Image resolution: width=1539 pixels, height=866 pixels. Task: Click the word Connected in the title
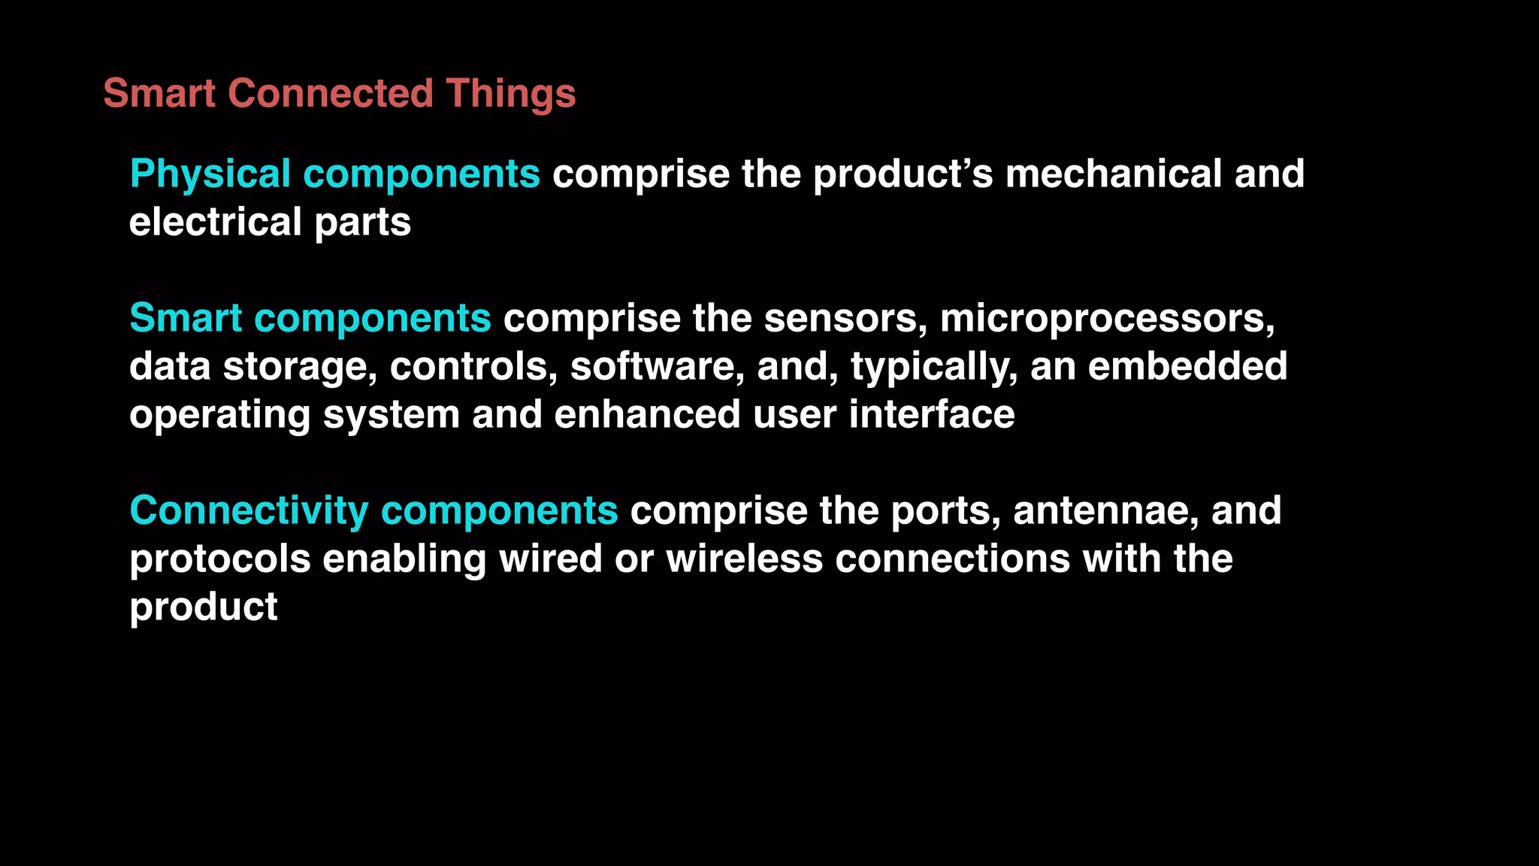(x=331, y=94)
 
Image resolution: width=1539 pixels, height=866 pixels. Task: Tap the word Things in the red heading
(x=510, y=94)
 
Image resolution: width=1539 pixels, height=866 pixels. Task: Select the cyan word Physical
(x=210, y=174)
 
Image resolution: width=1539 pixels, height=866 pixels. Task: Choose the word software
(x=657, y=367)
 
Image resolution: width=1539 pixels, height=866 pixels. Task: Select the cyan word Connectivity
(x=249, y=511)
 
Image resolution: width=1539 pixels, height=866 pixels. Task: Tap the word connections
(x=952, y=559)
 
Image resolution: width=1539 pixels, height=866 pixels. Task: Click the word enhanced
(x=647, y=415)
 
